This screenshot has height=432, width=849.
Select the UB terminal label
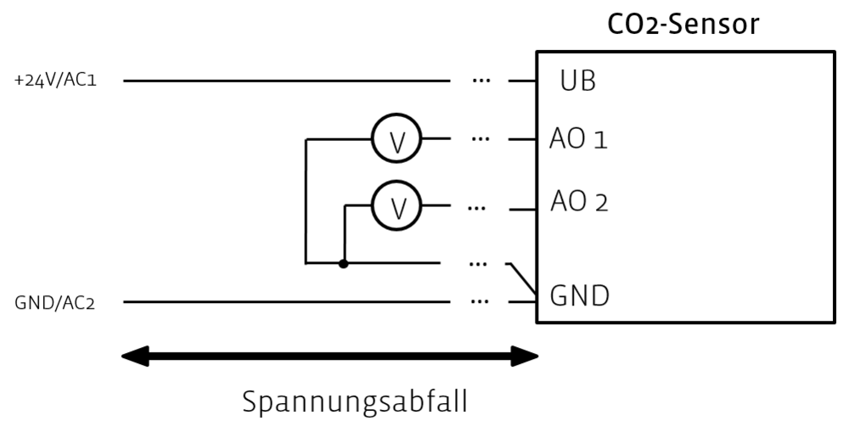point(577,82)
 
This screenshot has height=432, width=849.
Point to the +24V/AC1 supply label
point(57,81)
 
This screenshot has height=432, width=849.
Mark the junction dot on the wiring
point(344,263)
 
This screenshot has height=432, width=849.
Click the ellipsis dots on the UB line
point(481,81)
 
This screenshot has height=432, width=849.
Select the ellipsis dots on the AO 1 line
point(481,138)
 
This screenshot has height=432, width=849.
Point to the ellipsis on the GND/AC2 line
point(481,301)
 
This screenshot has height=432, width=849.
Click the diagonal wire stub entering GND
point(522,280)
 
